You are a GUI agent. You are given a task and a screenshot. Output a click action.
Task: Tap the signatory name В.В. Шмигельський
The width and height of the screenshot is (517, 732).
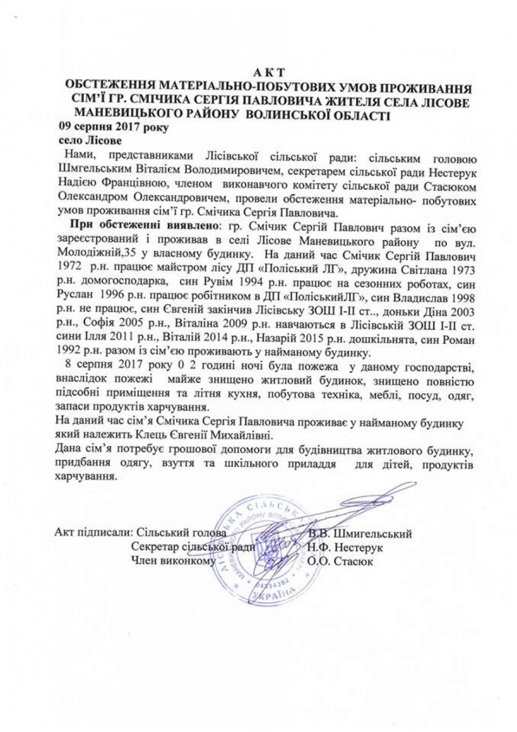[x=360, y=534]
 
